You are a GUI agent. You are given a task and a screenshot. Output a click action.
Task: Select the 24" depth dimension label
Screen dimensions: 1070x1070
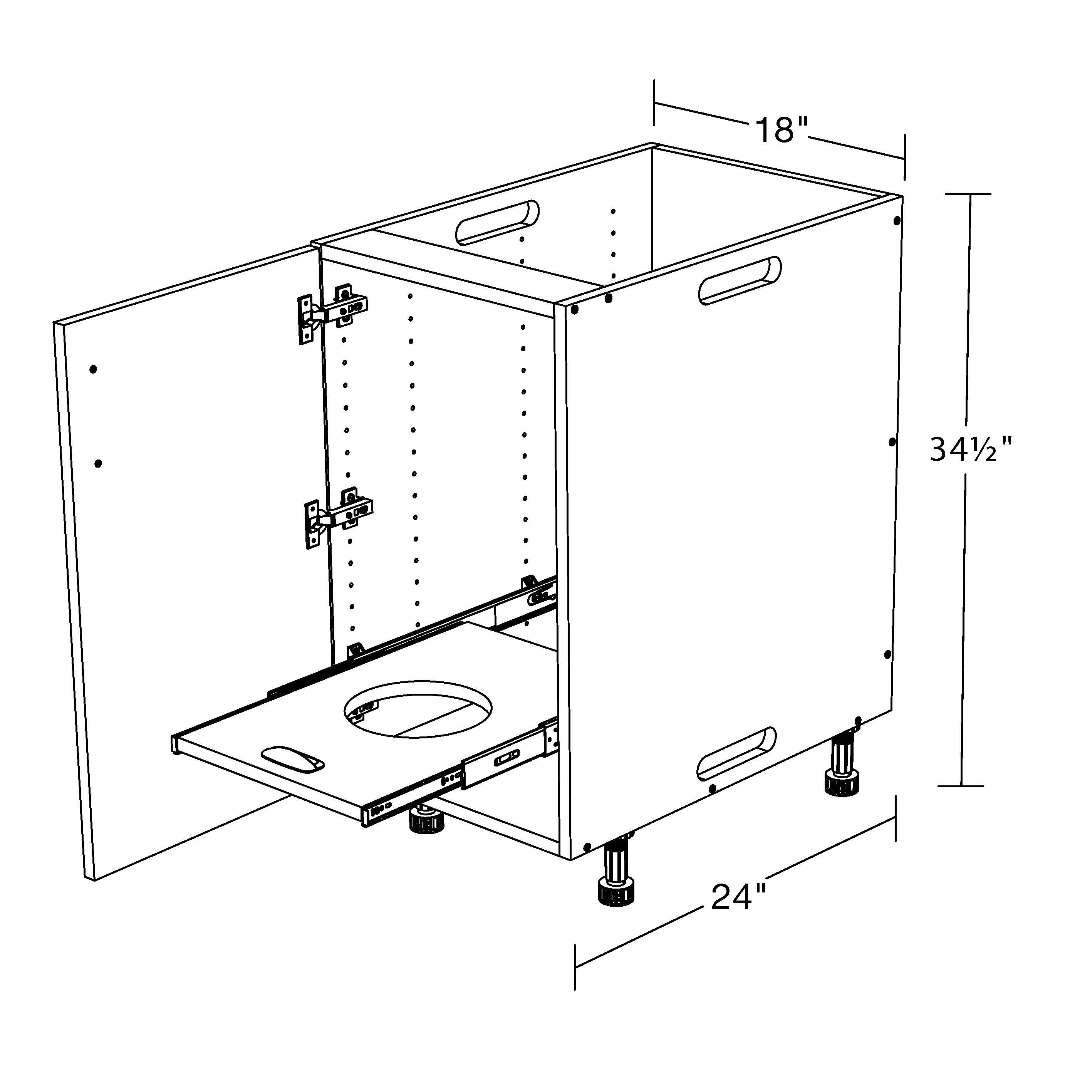click(738, 897)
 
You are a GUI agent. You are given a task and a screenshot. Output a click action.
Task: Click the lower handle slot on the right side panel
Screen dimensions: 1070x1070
click(736, 751)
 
